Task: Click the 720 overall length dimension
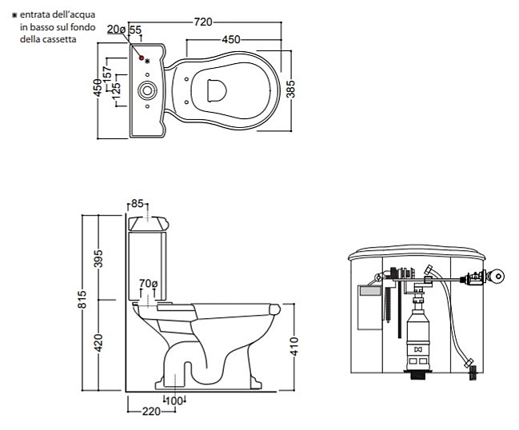pos(203,22)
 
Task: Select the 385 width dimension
pos(290,89)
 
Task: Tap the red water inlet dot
pos(142,58)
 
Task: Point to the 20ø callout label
pos(116,30)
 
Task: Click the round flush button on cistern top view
pos(147,90)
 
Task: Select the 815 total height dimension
pos(82,300)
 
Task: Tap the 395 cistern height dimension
pos(98,258)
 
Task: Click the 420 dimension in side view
pos(98,342)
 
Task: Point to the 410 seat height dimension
pos(294,346)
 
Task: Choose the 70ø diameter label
pos(148,284)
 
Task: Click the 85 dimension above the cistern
pos(138,204)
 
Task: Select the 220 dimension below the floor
pos(151,412)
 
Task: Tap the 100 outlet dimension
pos(174,401)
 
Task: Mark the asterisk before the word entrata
pos(14,15)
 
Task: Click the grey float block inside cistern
pos(370,291)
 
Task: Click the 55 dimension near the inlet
pos(135,30)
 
